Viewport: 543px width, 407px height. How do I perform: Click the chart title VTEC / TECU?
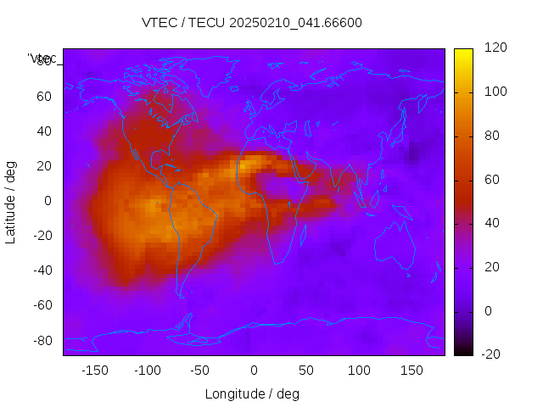(x=252, y=23)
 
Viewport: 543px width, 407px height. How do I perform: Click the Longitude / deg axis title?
(x=252, y=393)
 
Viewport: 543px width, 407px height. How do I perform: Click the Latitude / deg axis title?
(x=11, y=201)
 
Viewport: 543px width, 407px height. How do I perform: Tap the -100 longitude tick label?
(x=147, y=371)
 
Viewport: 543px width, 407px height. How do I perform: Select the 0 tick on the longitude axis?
(x=253, y=371)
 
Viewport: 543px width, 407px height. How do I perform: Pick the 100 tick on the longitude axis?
(x=359, y=371)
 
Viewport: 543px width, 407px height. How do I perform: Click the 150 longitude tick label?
(x=411, y=371)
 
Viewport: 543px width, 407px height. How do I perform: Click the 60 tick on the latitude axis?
(x=44, y=97)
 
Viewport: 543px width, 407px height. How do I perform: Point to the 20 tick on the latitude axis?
(x=44, y=166)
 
